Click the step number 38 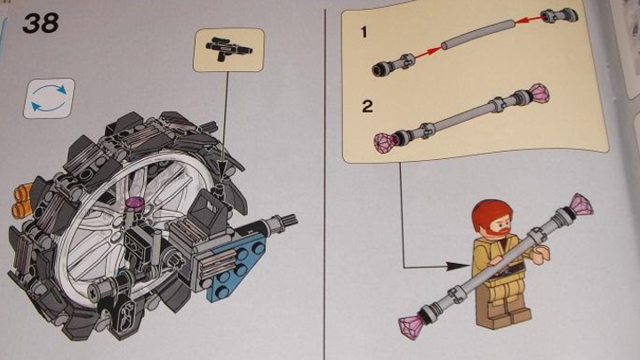(40, 23)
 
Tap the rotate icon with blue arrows (49, 99)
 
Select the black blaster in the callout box (229, 49)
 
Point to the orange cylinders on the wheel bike (22, 200)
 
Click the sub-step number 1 (364, 32)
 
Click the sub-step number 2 (367, 106)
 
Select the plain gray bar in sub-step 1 (478, 35)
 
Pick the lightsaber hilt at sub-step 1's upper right (560, 15)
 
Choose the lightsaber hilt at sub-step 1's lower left (393, 65)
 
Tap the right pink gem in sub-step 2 (539, 94)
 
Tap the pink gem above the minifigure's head (581, 204)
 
